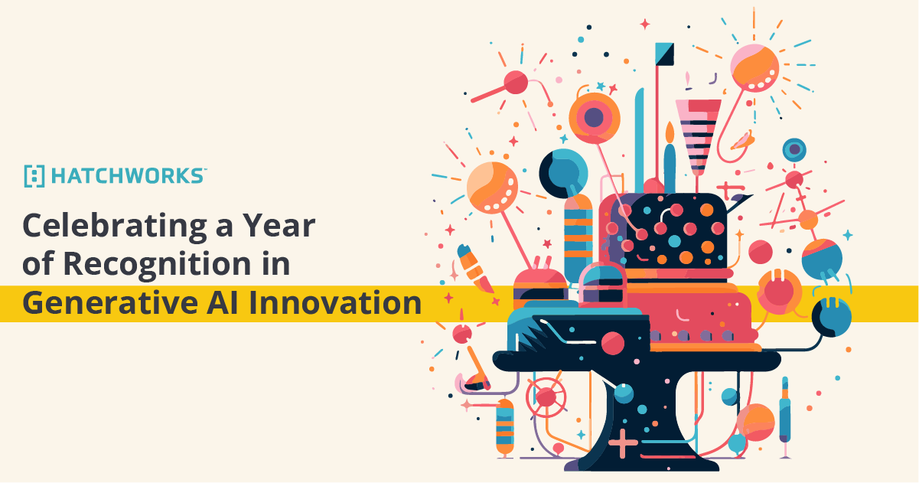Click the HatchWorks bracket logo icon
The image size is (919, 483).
[x=34, y=176]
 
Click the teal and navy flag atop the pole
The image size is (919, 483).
[x=664, y=54]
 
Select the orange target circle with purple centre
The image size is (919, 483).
[x=594, y=117]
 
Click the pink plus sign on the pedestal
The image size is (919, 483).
[x=624, y=442]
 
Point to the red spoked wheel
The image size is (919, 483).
[x=546, y=396]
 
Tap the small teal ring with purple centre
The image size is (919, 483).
[x=795, y=149]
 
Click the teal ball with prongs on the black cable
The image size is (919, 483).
[x=831, y=315]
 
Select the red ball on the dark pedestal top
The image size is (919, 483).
[x=613, y=343]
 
